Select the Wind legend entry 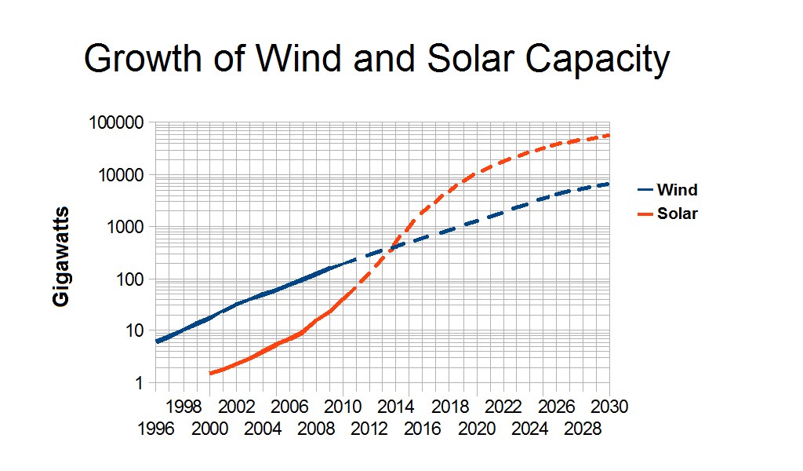click(677, 190)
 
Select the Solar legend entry click(677, 214)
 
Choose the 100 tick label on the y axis click(130, 279)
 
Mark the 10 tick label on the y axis click(134, 331)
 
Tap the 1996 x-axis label click(156, 429)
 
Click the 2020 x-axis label click(478, 429)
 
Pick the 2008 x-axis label click(317, 429)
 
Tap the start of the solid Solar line click(210, 374)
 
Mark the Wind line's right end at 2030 click(609, 184)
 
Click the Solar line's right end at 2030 click(609, 135)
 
